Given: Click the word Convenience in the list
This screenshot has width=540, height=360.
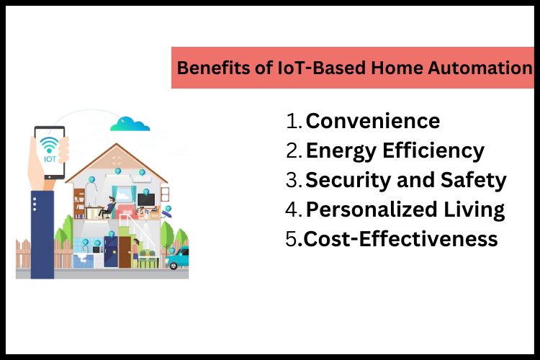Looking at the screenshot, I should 372,121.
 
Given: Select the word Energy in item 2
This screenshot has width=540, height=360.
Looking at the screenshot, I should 337,150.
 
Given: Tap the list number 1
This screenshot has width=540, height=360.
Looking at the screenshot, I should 294,121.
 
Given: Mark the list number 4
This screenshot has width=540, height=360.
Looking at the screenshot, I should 294,210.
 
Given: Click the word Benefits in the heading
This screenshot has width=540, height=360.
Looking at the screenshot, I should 210,68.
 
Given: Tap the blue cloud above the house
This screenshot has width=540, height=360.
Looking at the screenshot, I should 130,124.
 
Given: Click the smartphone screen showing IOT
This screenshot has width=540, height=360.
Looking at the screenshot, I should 50,152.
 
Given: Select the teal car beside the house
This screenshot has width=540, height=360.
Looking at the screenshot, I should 177,258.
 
